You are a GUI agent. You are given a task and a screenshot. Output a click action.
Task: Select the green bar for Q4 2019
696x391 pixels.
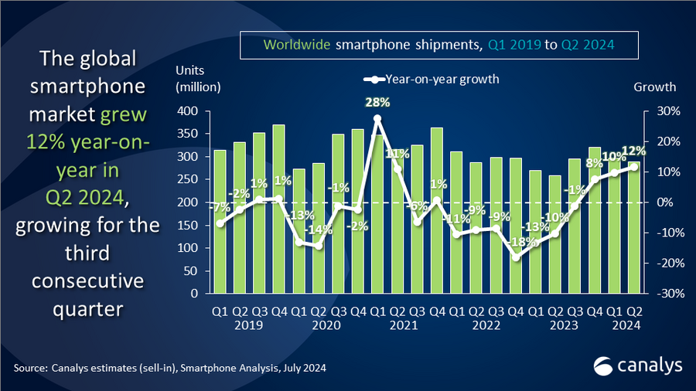point(278,209)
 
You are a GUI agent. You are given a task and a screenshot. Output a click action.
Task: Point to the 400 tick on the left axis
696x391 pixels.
point(189,111)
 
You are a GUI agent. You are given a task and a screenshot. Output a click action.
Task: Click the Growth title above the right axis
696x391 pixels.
point(654,87)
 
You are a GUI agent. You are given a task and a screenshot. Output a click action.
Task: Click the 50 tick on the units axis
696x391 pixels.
point(193,271)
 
